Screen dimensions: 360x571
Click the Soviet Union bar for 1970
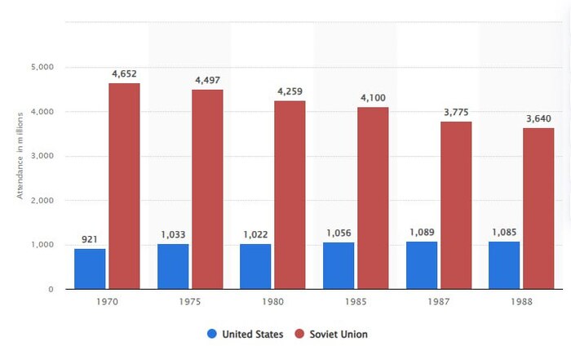[124, 186]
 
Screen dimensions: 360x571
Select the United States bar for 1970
[90, 269]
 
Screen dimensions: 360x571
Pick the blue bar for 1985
[339, 265]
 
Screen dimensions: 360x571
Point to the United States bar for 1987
[422, 264]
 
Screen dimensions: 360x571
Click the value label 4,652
[124, 74]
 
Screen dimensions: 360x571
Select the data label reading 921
[90, 239]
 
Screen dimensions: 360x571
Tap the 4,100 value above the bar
[373, 99]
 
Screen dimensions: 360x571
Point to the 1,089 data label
[422, 233]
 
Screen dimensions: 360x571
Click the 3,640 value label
[538, 119]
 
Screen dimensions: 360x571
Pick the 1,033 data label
[173, 234]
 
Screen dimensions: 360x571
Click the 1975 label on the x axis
[190, 302]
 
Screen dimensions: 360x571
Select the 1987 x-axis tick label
[439, 302]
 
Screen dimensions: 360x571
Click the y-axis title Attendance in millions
[20, 155]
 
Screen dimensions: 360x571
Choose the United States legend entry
[246, 334]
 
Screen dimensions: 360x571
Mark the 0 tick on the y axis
[50, 289]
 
